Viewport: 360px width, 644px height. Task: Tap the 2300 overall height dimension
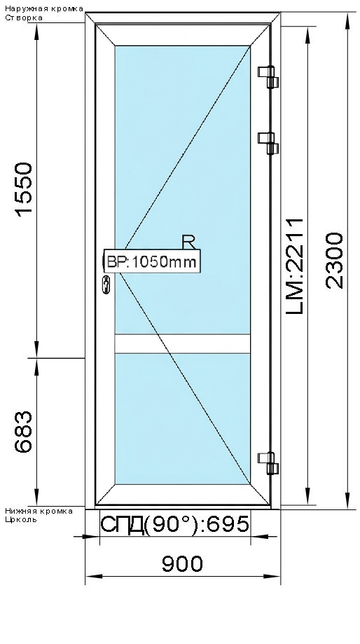[x=335, y=259]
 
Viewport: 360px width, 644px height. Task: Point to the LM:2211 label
[x=297, y=266]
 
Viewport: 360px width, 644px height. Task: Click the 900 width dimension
[x=182, y=563]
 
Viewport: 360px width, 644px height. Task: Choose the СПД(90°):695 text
[x=175, y=524]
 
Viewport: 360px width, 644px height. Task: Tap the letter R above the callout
[x=188, y=242]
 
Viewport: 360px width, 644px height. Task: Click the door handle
[x=106, y=285]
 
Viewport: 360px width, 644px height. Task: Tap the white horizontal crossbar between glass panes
[x=182, y=343]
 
